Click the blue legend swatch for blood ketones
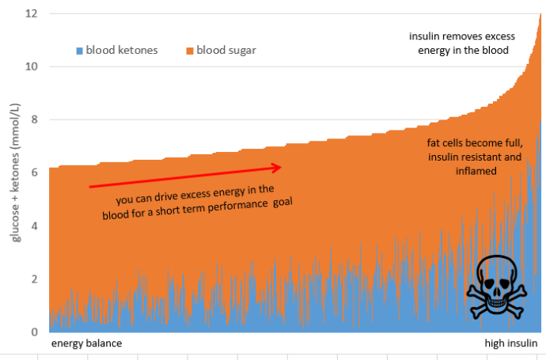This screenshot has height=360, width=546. pos(79,51)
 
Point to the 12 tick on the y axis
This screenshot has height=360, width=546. pos(31,13)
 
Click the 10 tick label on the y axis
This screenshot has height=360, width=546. pos(31,66)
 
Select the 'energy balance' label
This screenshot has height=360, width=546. pos(87,344)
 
